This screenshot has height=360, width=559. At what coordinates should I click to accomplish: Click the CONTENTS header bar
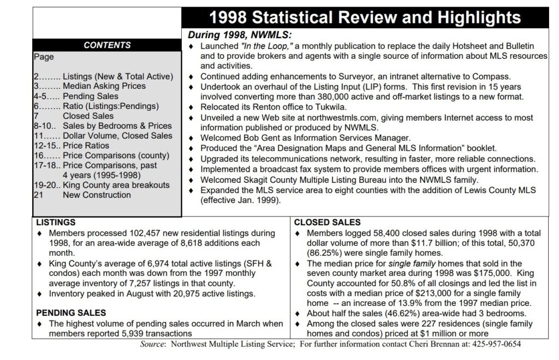pos(107,45)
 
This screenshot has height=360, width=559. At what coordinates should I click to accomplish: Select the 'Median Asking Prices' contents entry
pos(104,86)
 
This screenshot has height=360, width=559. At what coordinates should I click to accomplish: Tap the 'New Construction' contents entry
pos(97,195)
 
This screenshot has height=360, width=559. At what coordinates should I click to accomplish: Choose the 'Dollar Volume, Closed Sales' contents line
pos(117,136)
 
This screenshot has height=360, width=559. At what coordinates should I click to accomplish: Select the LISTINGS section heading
pos(56,223)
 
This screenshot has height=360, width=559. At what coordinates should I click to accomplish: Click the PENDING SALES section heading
pos(70,313)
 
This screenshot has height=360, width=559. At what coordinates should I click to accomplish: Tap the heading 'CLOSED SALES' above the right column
pos(327,223)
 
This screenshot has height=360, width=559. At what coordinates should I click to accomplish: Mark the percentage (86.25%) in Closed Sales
pos(314,253)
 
